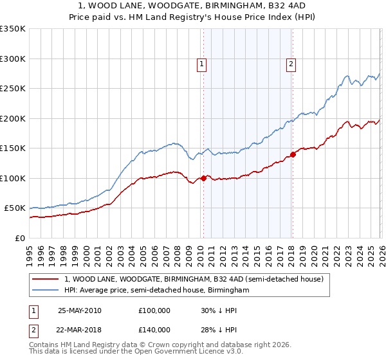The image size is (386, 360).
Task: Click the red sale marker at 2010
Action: tap(204, 178)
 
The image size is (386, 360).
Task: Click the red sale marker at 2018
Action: tap(293, 154)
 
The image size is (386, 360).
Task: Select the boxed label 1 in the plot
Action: tap(202, 64)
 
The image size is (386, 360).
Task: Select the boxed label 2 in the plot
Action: tap(291, 64)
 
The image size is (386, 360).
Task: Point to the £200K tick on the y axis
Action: tap(13, 118)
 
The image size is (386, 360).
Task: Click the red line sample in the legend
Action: tap(45, 280)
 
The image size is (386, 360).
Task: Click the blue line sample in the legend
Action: tap(45, 291)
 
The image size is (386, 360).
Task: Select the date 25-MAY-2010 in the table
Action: tap(80, 310)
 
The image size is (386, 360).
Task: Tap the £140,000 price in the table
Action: tap(154, 330)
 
